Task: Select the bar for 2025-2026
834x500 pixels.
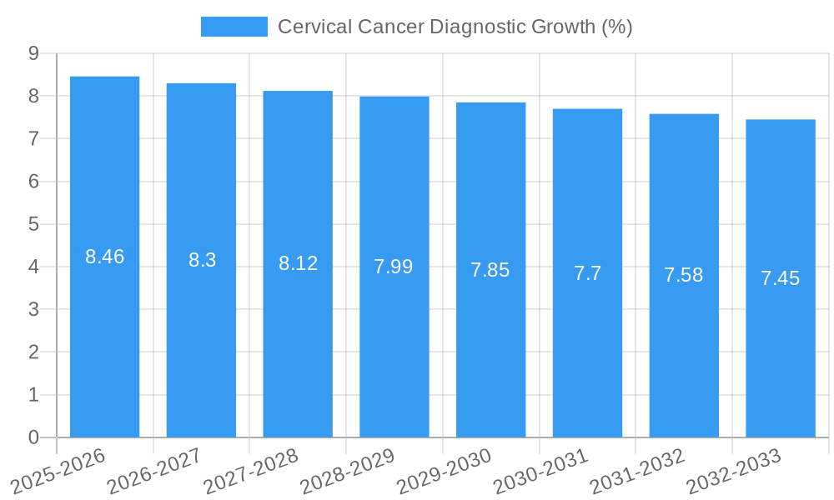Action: click(104, 333)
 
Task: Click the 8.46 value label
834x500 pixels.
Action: click(104, 257)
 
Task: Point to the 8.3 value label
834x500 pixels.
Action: click(202, 260)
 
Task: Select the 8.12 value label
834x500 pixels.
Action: click(298, 263)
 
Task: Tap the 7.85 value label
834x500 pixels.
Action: click(490, 270)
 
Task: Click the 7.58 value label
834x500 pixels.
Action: click(684, 275)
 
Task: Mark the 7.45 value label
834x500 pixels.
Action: click(781, 278)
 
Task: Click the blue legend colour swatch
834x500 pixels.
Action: click(234, 27)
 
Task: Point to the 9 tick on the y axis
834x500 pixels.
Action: click(33, 53)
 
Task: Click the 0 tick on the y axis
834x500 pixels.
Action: click(33, 437)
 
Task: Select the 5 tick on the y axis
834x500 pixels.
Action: click(33, 224)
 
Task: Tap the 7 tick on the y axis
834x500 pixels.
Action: click(33, 138)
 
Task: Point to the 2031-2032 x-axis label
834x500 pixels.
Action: click(638, 472)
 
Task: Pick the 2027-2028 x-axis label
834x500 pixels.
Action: click(252, 472)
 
